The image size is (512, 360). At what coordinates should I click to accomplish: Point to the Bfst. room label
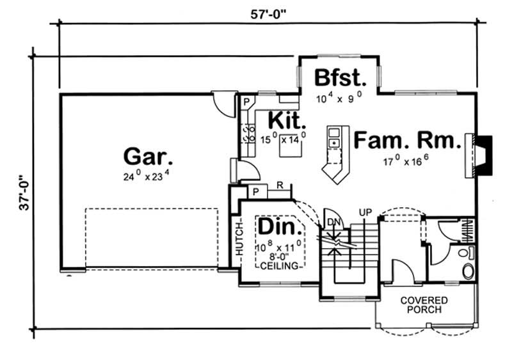pyautogui.click(x=340, y=79)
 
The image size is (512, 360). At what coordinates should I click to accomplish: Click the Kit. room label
pyautogui.click(x=286, y=120)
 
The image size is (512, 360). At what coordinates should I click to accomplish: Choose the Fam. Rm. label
pyautogui.click(x=407, y=140)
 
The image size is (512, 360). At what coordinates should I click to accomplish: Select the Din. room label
pyautogui.click(x=280, y=228)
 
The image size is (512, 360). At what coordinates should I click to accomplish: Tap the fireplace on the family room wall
pyautogui.click(x=480, y=155)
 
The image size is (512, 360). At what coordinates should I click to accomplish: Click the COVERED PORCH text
pyautogui.click(x=424, y=305)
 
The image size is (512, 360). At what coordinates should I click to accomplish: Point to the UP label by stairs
pyautogui.click(x=365, y=211)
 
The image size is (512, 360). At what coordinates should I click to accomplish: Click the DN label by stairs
pyautogui.click(x=332, y=222)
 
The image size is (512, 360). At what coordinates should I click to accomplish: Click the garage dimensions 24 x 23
pyautogui.click(x=146, y=175)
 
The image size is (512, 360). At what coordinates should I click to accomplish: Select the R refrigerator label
pyautogui.click(x=280, y=185)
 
